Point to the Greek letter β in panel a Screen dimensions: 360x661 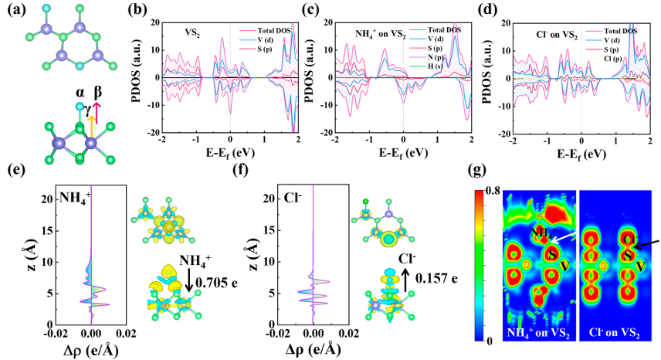click(98, 93)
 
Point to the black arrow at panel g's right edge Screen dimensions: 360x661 click(648, 245)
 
